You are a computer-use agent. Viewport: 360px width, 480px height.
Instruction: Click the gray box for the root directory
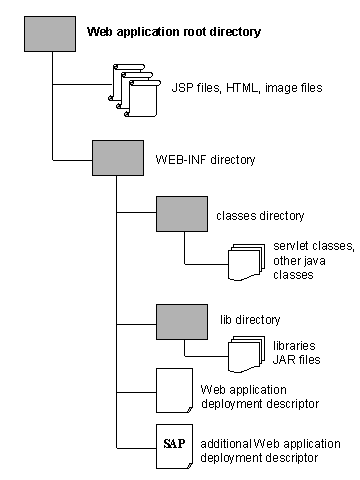pyautogui.click(x=49, y=33)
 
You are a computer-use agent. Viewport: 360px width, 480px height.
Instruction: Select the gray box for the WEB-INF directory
pyautogui.click(x=117, y=158)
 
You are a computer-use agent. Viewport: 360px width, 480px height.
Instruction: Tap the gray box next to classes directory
pyautogui.click(x=181, y=214)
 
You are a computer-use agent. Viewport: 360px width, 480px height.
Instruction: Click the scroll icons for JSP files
pyautogui.click(x=134, y=87)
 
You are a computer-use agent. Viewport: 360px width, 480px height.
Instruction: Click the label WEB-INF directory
pyautogui.click(x=205, y=159)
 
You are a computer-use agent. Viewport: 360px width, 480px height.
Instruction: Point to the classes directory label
pyautogui.click(x=260, y=215)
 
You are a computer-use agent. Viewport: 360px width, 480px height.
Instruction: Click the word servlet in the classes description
pyautogui.click(x=292, y=246)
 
